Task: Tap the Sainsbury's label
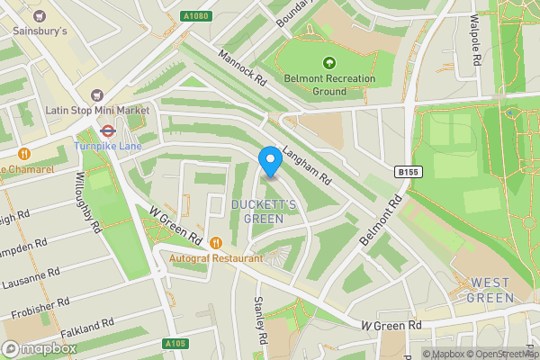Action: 40,31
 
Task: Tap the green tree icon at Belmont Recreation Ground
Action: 329,63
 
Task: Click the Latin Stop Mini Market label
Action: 96,110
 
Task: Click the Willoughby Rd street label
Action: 92,202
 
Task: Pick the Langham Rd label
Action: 307,163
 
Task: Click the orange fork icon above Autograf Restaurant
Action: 216,242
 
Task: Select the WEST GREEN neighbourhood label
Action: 490,290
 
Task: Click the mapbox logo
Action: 40,348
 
